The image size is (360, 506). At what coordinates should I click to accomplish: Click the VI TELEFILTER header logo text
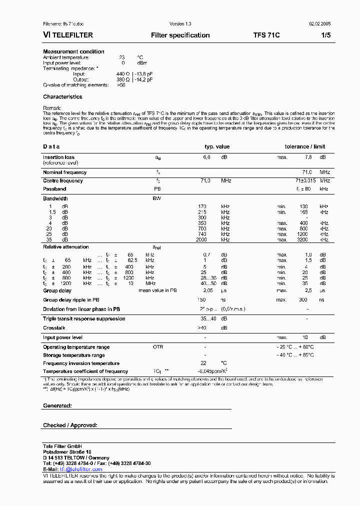click(x=67, y=35)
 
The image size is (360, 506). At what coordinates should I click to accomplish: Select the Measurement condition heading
click(x=73, y=51)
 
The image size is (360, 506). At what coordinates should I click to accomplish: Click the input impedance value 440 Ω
click(x=122, y=74)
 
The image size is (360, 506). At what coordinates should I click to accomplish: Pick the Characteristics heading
click(x=62, y=97)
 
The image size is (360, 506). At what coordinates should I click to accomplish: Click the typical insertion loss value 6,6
click(x=206, y=157)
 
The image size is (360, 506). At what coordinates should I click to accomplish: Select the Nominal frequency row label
click(x=64, y=172)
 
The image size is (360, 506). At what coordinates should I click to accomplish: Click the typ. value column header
click(x=217, y=146)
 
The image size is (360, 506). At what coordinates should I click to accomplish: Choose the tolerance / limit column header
click(x=304, y=146)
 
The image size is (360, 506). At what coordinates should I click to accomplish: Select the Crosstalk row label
click(x=54, y=328)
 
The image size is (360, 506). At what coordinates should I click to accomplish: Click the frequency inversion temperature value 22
click(x=203, y=363)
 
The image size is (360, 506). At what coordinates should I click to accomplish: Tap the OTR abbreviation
click(x=157, y=347)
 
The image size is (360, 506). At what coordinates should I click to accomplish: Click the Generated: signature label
click(x=57, y=406)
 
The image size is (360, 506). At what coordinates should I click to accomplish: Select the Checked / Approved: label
click(x=70, y=425)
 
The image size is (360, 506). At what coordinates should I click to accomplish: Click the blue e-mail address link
click(x=80, y=469)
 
